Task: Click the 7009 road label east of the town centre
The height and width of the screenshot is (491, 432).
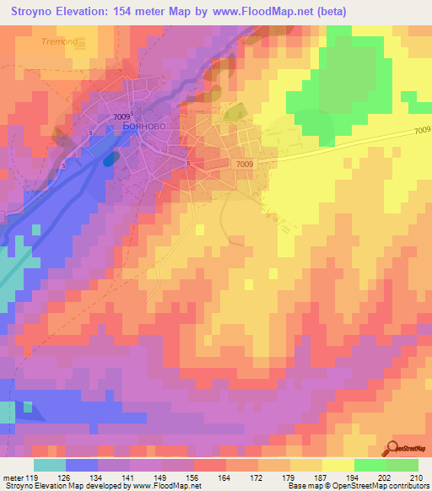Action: click(x=245, y=164)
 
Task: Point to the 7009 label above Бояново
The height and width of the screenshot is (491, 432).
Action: click(x=121, y=116)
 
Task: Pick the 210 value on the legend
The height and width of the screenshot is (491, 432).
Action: click(x=415, y=477)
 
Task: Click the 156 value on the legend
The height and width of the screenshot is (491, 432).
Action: click(x=193, y=477)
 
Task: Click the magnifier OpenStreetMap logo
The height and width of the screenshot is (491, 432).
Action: click(x=394, y=448)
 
